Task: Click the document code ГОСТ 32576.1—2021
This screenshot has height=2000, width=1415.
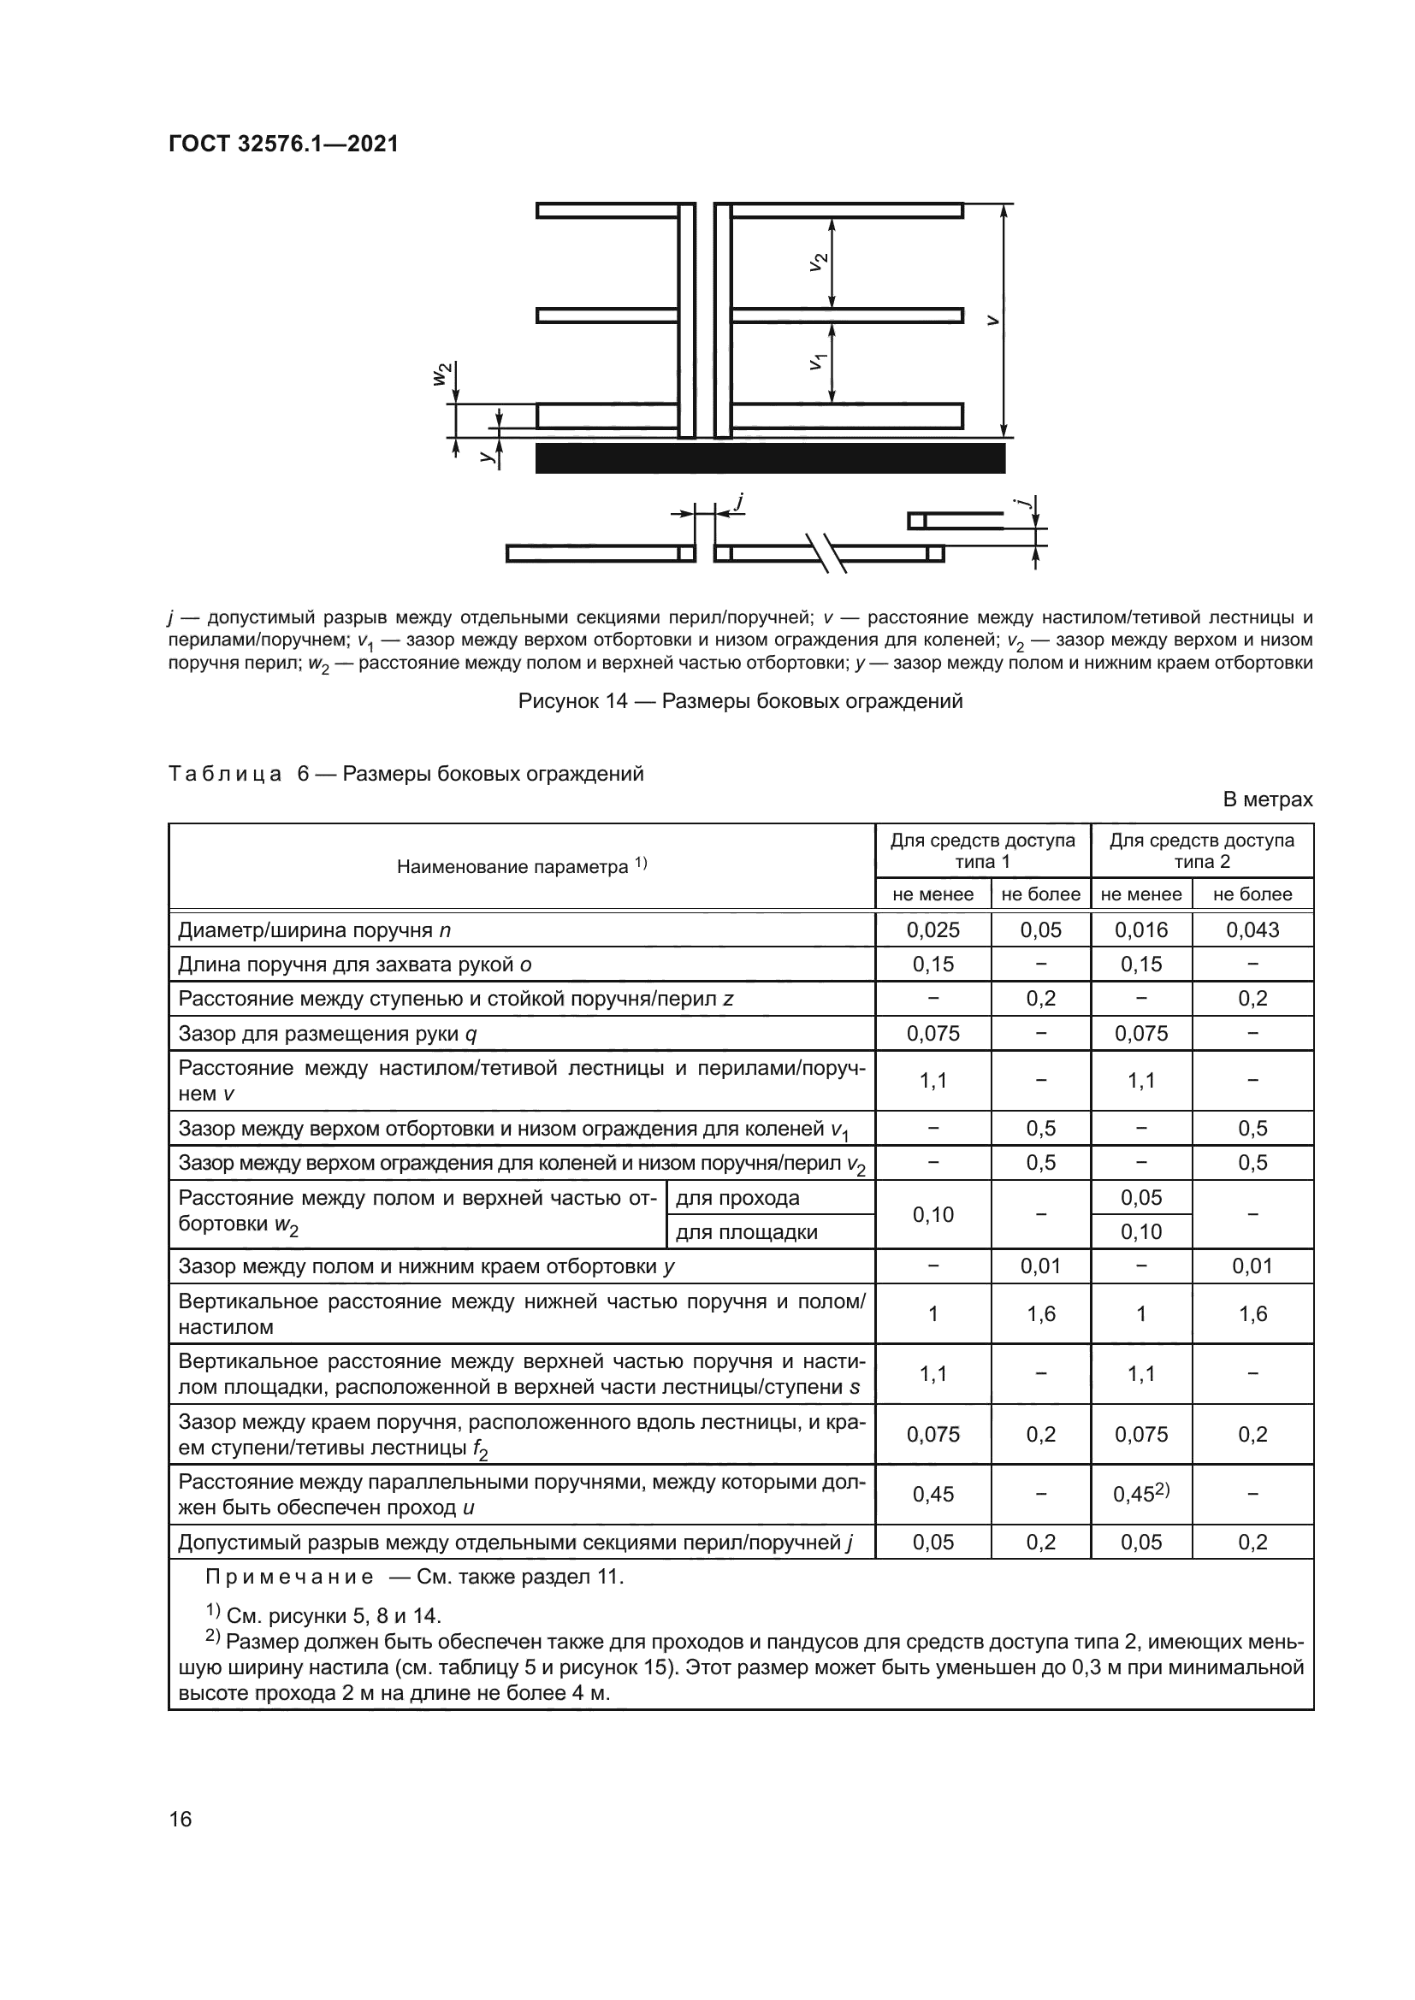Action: click(x=283, y=144)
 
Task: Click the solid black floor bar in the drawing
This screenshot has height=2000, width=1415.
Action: click(x=770, y=458)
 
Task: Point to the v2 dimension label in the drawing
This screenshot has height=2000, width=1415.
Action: click(x=818, y=262)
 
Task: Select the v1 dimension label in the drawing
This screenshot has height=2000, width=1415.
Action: click(x=818, y=360)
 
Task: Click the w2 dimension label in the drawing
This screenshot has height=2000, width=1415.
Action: click(x=443, y=374)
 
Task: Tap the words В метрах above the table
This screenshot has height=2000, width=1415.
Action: click(x=1267, y=799)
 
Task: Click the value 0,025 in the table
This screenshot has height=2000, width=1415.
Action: click(x=932, y=929)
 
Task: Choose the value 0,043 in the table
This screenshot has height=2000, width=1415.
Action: click(x=1252, y=929)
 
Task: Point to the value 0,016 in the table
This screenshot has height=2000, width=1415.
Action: click(x=1140, y=929)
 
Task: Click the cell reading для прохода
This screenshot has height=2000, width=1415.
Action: click(x=737, y=1198)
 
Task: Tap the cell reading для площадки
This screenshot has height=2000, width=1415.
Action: click(x=746, y=1231)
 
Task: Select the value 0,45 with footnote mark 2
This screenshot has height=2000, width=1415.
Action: click(x=1140, y=1494)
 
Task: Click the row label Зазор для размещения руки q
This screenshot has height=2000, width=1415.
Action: click(x=328, y=1033)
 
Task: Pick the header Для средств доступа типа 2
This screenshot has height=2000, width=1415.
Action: click(x=1201, y=850)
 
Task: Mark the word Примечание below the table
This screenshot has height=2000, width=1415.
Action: click(x=289, y=1577)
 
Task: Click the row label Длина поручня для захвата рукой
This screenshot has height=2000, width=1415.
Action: click(x=355, y=965)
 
